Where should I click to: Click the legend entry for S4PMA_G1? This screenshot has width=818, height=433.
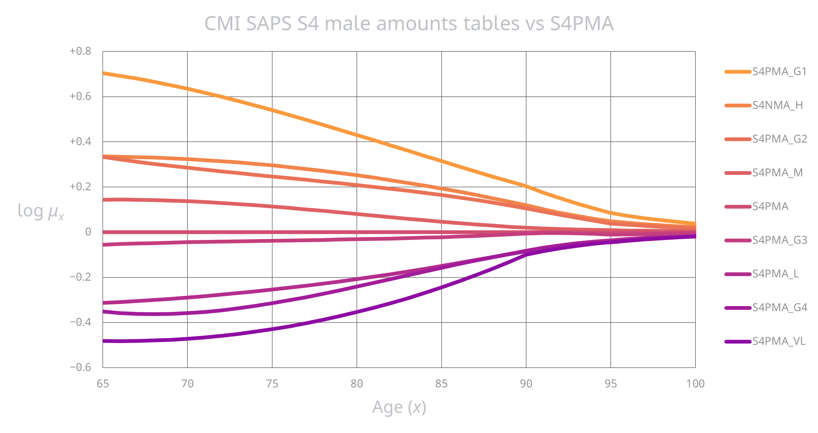779,72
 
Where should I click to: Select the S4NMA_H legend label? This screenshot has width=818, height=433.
777,106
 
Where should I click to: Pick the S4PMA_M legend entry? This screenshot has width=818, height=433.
777,173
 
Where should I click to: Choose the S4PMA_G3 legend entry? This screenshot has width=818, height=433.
779,240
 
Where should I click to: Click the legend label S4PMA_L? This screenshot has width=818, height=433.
775,274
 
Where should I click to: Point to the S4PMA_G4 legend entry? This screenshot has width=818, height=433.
779,307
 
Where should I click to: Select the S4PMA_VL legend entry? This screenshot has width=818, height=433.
779,341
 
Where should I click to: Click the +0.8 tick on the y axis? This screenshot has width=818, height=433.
80,51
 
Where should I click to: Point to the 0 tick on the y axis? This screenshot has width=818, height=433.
88,232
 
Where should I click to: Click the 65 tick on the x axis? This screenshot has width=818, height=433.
102,384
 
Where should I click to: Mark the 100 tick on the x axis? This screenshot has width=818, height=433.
695,384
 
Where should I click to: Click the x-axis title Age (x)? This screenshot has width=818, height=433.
399,407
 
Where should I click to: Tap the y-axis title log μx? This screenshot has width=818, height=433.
41,212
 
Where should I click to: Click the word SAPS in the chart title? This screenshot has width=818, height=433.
269,24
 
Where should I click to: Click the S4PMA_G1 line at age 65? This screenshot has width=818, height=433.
104,73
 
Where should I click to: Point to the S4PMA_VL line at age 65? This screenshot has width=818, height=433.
104,341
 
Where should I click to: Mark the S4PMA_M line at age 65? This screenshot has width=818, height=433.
104,200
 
